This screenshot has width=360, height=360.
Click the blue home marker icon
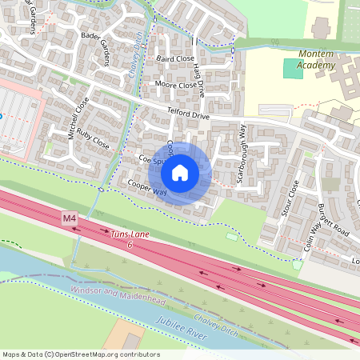click(x=180, y=173)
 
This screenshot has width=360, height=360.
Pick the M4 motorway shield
click(x=68, y=217)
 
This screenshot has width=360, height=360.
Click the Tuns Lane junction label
click(x=130, y=238)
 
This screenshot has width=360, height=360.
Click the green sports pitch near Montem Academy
click(x=294, y=69)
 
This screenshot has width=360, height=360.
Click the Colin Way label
click(x=310, y=237)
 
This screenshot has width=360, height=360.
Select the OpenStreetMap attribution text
click(x=80, y=354)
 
